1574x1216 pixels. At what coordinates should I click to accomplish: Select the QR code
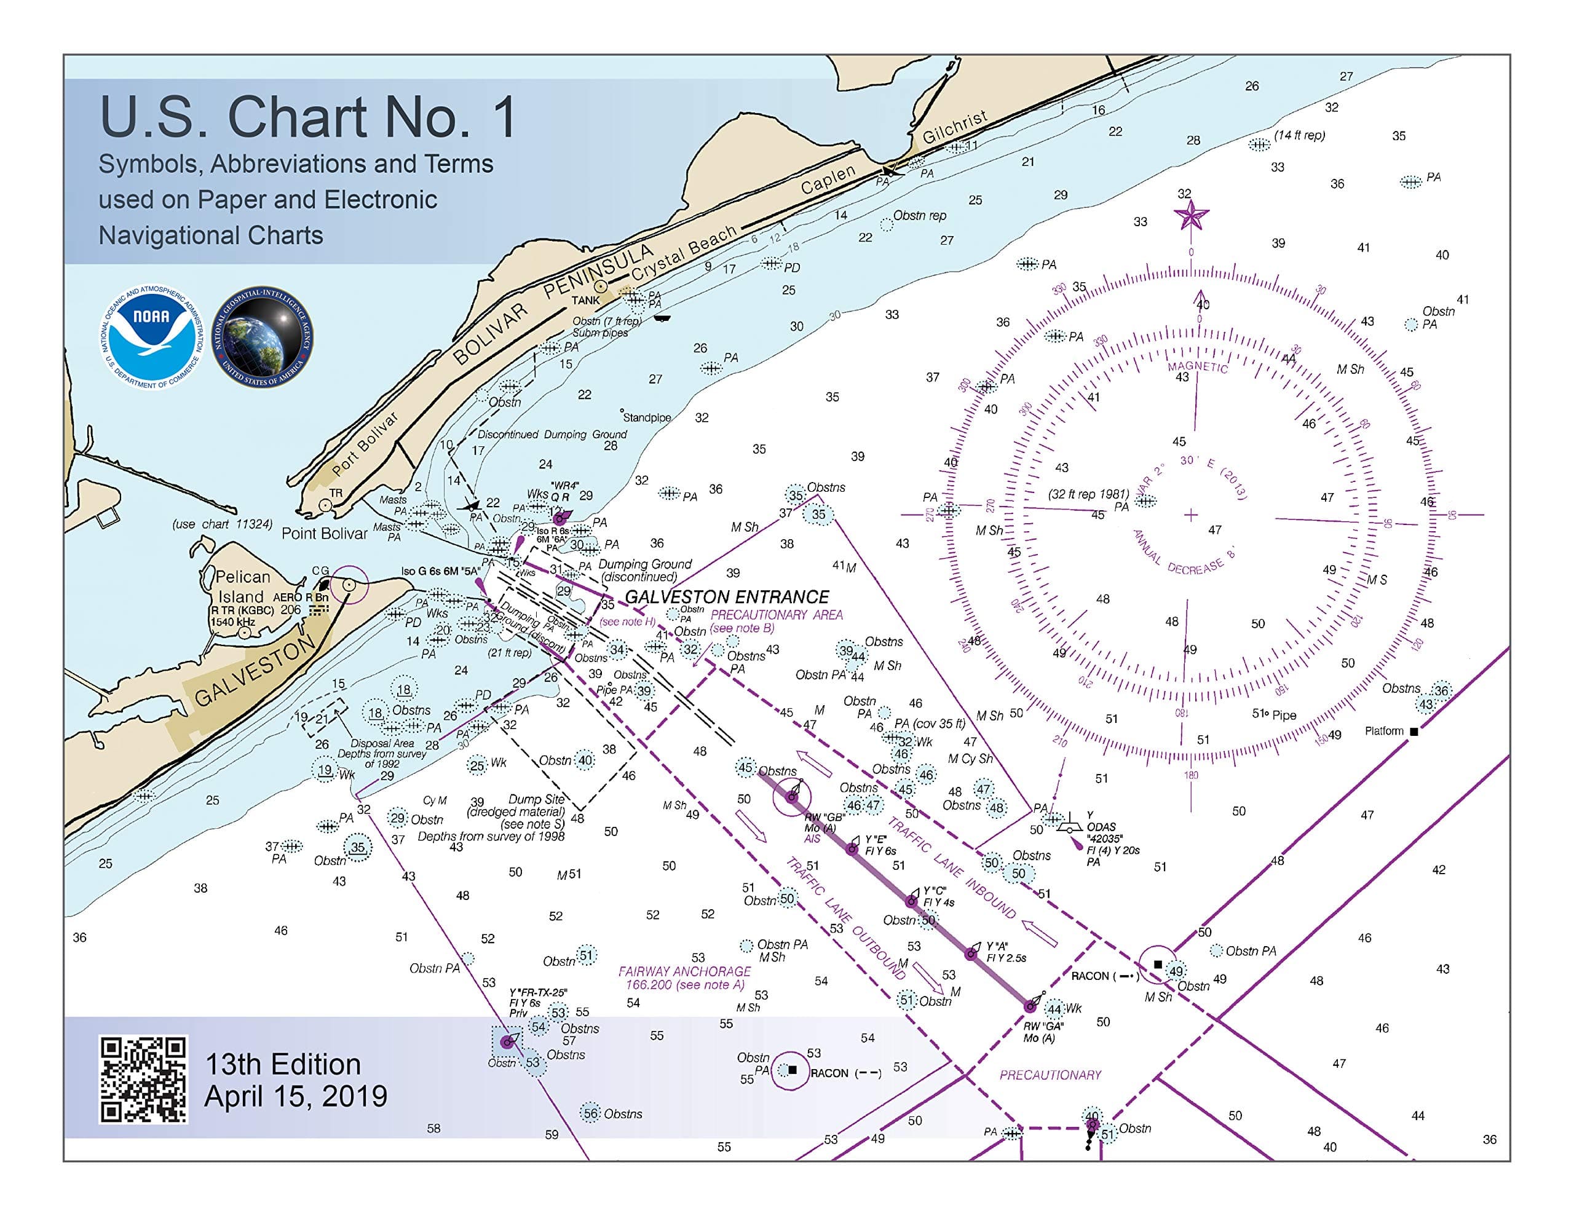pyautogui.click(x=143, y=1079)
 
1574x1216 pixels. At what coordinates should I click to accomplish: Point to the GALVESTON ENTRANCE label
pyautogui.click(x=727, y=597)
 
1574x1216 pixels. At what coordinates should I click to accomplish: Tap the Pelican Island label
pyautogui.click(x=243, y=586)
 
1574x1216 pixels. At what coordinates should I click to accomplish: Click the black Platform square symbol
pyautogui.click(x=1414, y=732)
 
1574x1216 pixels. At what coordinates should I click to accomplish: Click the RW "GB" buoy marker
pyautogui.click(x=792, y=797)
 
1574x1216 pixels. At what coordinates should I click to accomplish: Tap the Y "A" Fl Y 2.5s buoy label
pyautogui.click(x=1006, y=952)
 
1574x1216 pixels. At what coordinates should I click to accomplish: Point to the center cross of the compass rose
pyautogui.click(x=1190, y=515)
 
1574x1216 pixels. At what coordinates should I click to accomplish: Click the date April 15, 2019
pyautogui.click(x=296, y=1096)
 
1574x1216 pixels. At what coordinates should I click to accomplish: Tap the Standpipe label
pyautogui.click(x=646, y=417)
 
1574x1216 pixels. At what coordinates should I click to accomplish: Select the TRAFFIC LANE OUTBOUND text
pyautogui.click(x=845, y=918)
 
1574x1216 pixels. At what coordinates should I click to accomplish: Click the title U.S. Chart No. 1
pyautogui.click(x=308, y=117)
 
